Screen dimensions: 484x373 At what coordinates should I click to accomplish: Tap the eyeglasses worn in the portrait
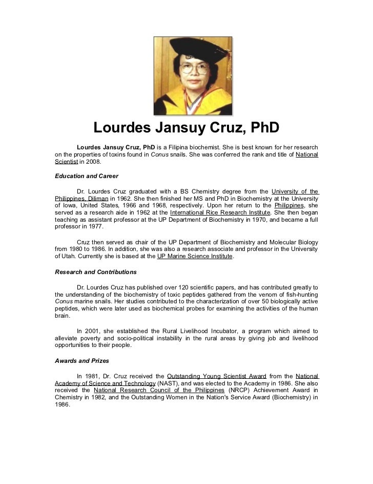195,68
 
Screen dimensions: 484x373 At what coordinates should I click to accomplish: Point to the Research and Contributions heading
95,272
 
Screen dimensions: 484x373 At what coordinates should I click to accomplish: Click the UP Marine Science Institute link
195,256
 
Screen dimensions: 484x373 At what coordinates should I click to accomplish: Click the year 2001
94,331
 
